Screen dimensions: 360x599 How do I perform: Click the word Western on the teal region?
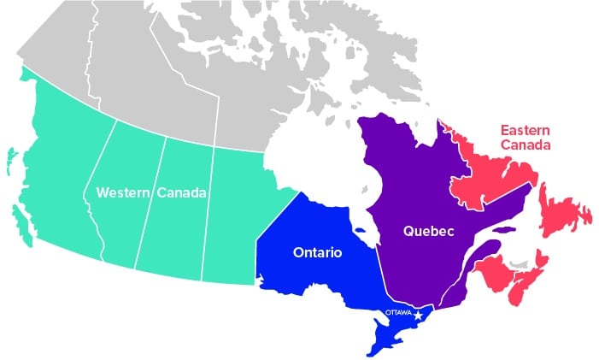pyautogui.click(x=123, y=193)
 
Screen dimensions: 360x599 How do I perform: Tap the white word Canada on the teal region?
pyautogui.click(x=181, y=193)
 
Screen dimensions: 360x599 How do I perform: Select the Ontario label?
pyautogui.click(x=318, y=253)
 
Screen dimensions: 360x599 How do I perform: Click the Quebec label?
pyautogui.click(x=428, y=231)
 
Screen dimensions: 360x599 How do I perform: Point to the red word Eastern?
pyautogui.click(x=525, y=130)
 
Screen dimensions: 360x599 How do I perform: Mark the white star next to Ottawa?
pyautogui.click(x=418, y=315)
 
